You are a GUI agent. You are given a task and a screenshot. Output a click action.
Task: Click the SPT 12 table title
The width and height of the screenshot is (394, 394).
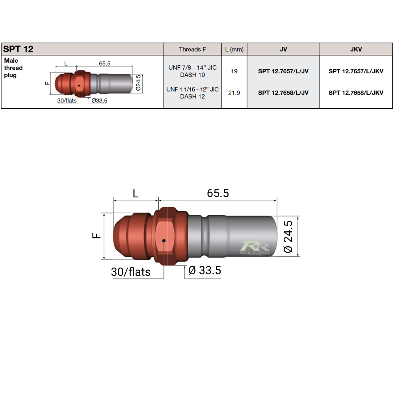tap(18, 49)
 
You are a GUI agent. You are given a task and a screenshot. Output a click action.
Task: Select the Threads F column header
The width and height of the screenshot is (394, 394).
tap(192, 49)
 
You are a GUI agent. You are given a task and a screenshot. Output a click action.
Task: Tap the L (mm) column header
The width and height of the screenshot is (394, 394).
tap(234, 49)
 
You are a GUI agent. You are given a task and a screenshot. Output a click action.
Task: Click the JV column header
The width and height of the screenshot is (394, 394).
tap(283, 49)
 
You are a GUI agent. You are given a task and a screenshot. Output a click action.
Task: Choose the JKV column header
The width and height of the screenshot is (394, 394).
tap(356, 49)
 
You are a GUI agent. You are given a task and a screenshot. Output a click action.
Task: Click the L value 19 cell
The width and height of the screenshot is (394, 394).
tap(234, 71)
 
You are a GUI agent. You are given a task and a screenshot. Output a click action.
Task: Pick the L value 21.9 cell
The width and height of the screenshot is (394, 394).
tap(234, 93)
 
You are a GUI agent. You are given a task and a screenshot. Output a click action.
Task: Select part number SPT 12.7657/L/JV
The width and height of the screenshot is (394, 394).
tap(283, 71)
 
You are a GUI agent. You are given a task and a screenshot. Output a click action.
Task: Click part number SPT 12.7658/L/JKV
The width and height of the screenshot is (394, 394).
tap(356, 93)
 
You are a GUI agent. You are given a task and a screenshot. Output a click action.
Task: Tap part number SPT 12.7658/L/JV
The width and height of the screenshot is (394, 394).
tap(283, 93)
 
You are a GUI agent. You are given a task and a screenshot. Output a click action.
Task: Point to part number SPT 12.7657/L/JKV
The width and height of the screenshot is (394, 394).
tap(356, 71)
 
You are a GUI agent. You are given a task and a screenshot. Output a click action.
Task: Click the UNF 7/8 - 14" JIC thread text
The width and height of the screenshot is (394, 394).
tap(192, 68)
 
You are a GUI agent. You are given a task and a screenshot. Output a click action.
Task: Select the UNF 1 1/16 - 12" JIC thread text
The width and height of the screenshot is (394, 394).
tap(192, 89)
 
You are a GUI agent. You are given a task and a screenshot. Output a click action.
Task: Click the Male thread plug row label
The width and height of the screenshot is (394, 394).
tap(13, 68)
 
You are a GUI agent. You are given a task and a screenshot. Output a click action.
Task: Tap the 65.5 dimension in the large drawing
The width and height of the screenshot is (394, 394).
tap(217, 193)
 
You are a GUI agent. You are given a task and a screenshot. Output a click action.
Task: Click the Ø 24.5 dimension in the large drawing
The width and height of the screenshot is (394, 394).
tap(288, 236)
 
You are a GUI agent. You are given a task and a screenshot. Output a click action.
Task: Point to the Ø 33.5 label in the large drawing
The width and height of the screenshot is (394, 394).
tap(204, 271)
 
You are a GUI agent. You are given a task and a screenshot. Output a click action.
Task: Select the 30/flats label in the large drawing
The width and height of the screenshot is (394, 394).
tap(131, 272)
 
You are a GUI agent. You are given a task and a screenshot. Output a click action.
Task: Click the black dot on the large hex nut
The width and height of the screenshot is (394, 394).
tap(163, 240)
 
